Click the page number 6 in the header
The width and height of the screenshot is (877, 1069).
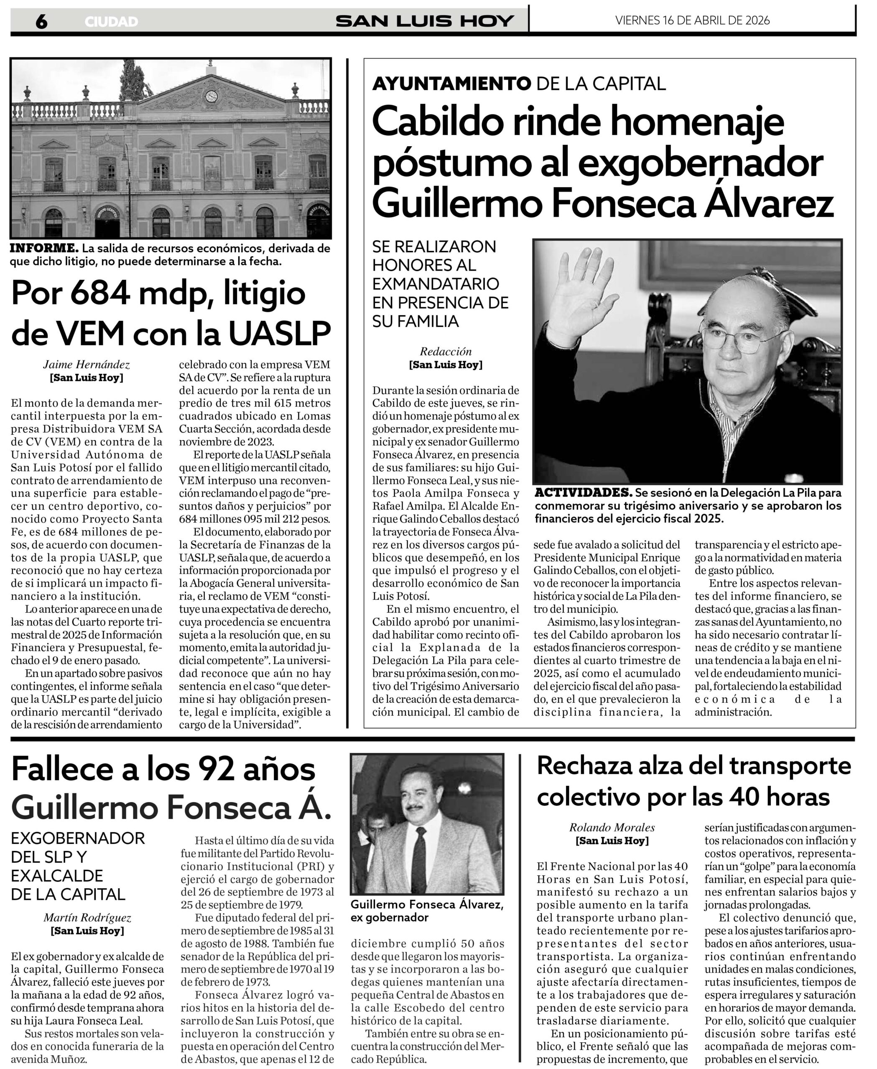(x=41, y=21)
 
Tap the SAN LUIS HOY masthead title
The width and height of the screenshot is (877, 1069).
(x=424, y=21)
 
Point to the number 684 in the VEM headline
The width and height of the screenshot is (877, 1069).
(x=99, y=293)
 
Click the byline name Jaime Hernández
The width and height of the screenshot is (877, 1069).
(x=87, y=365)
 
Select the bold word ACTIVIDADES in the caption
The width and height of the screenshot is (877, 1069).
(x=583, y=492)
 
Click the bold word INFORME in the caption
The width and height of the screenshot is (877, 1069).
(x=44, y=248)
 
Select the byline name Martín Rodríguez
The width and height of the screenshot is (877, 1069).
(x=87, y=917)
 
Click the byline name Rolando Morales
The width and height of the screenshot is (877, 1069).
(x=612, y=827)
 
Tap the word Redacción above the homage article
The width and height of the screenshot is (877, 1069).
(x=446, y=351)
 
